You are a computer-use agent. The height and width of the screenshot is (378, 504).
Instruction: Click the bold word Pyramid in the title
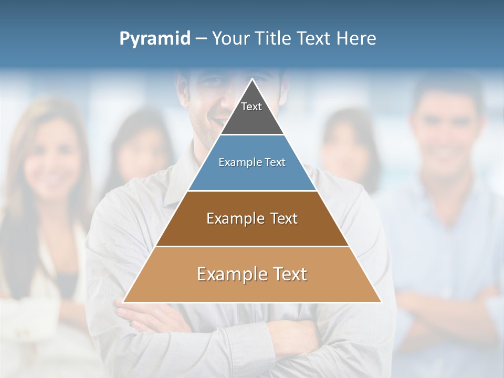click(x=154, y=39)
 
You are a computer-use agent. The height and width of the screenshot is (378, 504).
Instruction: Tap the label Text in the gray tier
click(x=251, y=107)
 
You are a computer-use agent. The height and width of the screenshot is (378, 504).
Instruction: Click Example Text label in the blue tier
click(x=252, y=162)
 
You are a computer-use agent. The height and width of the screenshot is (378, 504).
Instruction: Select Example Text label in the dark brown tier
click(x=252, y=218)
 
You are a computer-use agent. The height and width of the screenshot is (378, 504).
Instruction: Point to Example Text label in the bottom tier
click(x=252, y=274)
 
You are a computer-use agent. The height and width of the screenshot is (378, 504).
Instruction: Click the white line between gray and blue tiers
click(x=252, y=135)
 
